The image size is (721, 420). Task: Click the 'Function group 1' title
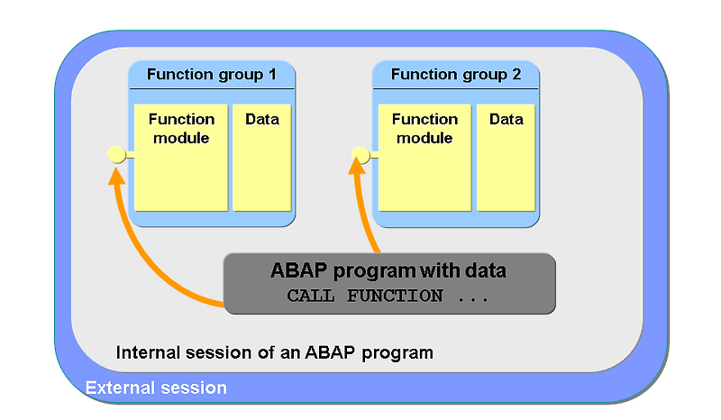click(x=211, y=75)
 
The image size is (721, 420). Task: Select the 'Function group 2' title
click(x=456, y=75)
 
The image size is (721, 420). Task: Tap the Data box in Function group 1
click(x=261, y=158)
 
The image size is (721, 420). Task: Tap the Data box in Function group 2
click(x=506, y=158)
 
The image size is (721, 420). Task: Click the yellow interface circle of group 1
click(x=116, y=155)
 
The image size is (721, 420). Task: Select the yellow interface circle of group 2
click(x=360, y=155)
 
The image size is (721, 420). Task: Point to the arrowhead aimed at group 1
click(x=115, y=175)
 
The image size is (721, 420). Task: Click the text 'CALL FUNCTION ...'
click(x=388, y=297)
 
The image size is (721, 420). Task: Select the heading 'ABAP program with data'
click(x=388, y=270)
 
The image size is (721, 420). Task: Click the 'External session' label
click(x=156, y=388)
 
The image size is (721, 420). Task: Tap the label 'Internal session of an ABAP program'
click(x=275, y=352)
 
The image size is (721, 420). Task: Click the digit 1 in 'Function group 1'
click(x=271, y=75)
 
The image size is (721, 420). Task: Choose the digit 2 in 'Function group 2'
click(x=516, y=75)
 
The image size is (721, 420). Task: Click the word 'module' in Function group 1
click(x=181, y=138)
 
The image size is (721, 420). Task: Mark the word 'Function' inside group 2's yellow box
click(x=424, y=119)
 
